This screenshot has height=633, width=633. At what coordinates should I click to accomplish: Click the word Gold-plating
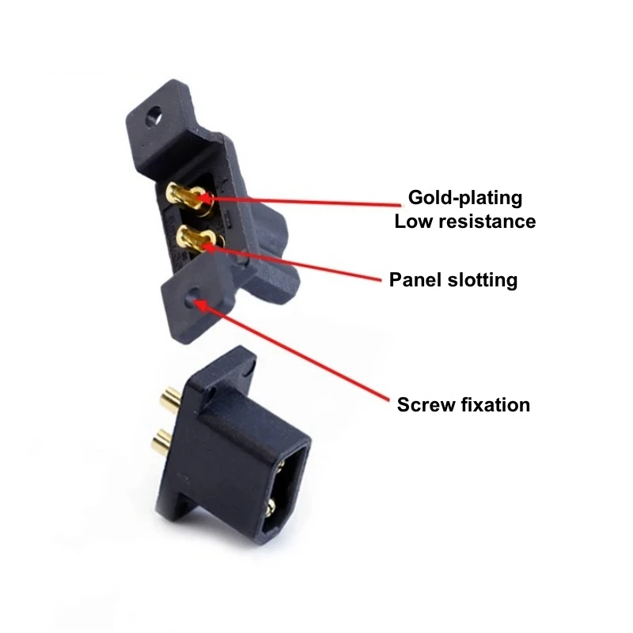[464, 197]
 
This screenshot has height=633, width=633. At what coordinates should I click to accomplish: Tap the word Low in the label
[411, 221]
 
